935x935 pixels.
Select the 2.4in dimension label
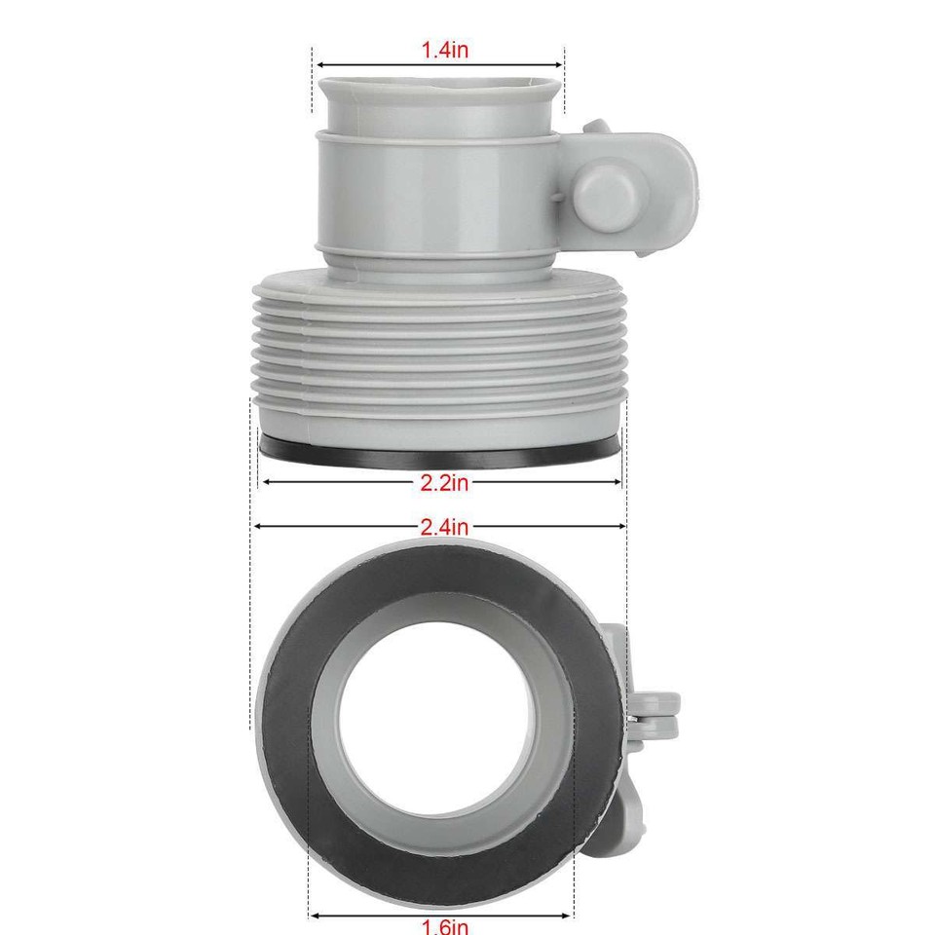[x=444, y=527]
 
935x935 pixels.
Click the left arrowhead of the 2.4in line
[x=257, y=526]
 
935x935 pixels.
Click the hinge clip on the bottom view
[x=653, y=716]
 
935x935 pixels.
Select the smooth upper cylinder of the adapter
[x=438, y=195]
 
